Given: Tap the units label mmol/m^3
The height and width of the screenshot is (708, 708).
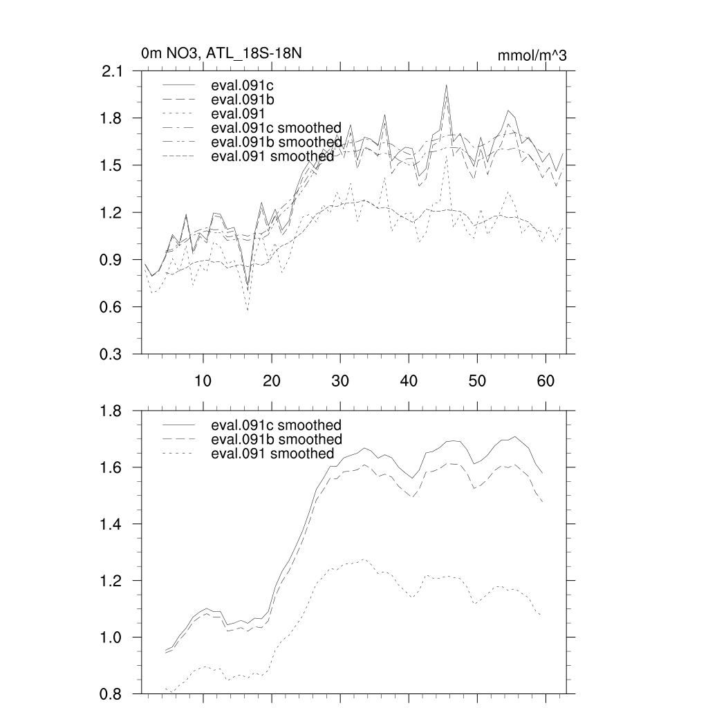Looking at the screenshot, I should pyautogui.click(x=532, y=55).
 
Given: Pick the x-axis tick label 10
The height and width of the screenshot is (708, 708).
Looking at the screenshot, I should pyautogui.click(x=203, y=380).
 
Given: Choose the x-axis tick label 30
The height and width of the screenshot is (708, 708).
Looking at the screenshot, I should pyautogui.click(x=340, y=380).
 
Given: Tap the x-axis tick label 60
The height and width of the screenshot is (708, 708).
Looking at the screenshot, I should pyautogui.click(x=546, y=380).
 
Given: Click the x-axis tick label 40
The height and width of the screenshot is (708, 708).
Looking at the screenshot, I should pyautogui.click(x=409, y=380).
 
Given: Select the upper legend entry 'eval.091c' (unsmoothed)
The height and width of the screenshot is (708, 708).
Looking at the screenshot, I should pyautogui.click(x=239, y=86).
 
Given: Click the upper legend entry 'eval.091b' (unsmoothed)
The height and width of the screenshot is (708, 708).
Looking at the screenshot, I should pyautogui.click(x=239, y=100).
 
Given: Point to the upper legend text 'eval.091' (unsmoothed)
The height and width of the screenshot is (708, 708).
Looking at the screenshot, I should pyautogui.click(x=236, y=113).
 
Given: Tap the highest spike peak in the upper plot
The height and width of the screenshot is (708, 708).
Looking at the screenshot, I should pyautogui.click(x=447, y=85).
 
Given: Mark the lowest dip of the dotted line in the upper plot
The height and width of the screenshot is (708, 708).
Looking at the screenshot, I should pyautogui.click(x=248, y=310).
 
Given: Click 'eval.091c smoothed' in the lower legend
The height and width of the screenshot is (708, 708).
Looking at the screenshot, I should pyautogui.click(x=276, y=425).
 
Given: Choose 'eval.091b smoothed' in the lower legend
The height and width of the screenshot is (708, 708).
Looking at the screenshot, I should pyautogui.click(x=276, y=440).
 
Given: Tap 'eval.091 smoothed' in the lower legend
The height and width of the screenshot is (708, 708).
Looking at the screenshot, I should pyautogui.click(x=272, y=454).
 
